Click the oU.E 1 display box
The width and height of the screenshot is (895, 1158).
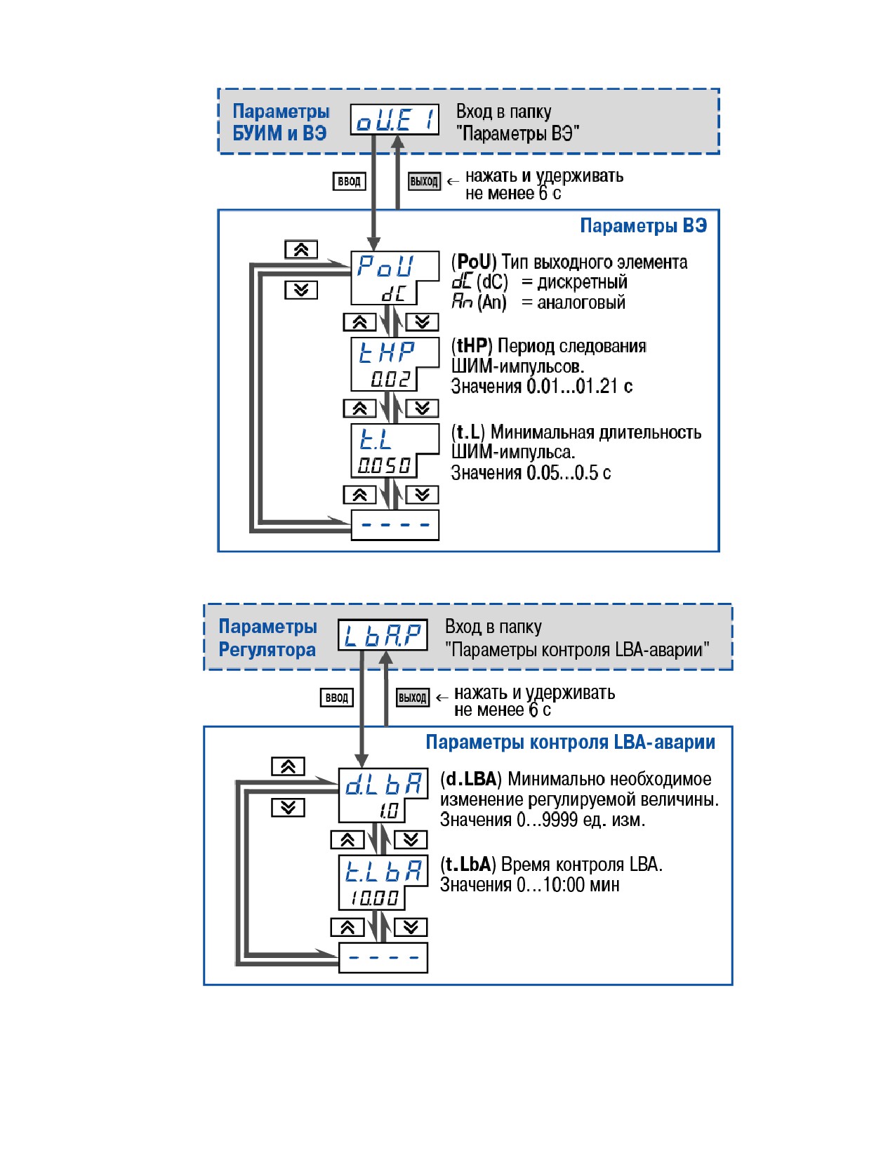pos(395,119)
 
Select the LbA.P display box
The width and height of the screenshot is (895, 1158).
pos(383,634)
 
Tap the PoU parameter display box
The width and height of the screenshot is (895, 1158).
pos(395,277)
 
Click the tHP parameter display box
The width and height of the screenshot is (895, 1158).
pos(395,364)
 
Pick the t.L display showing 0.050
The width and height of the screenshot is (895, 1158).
pos(395,451)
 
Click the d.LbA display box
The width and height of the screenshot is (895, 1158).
pos(383,795)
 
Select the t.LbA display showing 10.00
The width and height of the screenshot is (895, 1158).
pos(383,883)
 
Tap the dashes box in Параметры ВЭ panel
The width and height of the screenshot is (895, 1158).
pos(395,525)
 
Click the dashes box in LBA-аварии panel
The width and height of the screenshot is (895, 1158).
pos(383,957)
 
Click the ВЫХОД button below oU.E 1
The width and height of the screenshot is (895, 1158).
pos(424,181)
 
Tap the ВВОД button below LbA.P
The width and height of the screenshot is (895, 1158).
pos(336,698)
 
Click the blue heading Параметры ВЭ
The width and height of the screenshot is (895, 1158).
pos(644,225)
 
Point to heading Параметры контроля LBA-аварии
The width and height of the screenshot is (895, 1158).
pos(571,742)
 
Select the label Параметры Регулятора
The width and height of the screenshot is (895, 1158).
pos(267,638)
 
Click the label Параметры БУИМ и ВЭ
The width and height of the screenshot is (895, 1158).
pos(281,122)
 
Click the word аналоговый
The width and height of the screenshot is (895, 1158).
pos(581,302)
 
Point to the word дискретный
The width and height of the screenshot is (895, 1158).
pos(582,282)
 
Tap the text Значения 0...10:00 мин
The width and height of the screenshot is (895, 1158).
pos(529,885)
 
